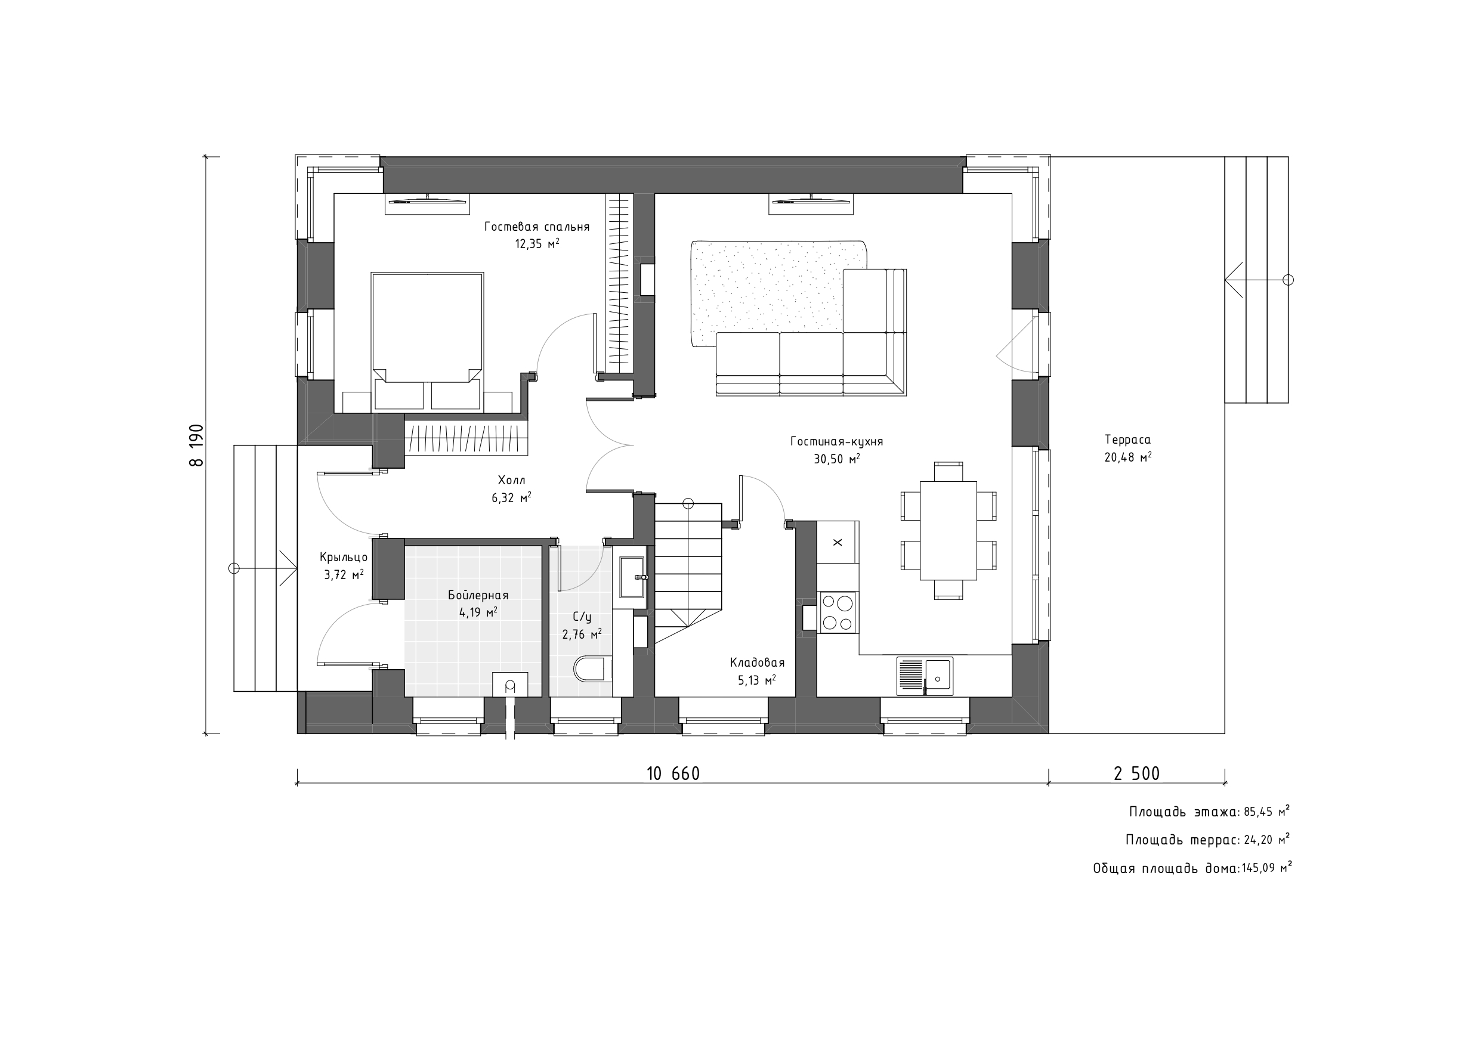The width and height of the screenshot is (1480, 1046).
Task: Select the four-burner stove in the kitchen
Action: click(838, 612)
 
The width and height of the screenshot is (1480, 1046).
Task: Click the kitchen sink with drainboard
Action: click(925, 676)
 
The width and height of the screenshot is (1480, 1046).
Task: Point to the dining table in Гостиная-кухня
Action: click(948, 530)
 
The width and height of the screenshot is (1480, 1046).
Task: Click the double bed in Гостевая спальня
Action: click(427, 341)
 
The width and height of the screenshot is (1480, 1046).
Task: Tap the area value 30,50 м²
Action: click(837, 459)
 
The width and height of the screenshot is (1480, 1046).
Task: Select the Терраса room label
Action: click(1127, 440)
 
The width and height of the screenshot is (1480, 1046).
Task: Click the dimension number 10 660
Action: click(673, 774)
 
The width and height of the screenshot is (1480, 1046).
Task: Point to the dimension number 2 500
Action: click(1136, 774)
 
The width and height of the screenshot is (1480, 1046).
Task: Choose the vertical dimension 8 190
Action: click(196, 445)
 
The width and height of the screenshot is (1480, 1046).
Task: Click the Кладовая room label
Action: click(758, 663)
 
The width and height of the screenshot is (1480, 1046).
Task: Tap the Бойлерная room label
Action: click(478, 596)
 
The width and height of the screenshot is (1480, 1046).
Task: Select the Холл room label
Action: click(511, 480)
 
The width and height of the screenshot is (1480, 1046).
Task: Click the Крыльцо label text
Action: click(344, 558)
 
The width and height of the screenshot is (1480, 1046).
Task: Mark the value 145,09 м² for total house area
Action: click(1266, 868)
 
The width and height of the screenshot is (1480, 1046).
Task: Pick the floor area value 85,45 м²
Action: click(1267, 812)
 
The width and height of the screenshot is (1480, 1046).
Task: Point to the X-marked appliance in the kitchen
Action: click(838, 542)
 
